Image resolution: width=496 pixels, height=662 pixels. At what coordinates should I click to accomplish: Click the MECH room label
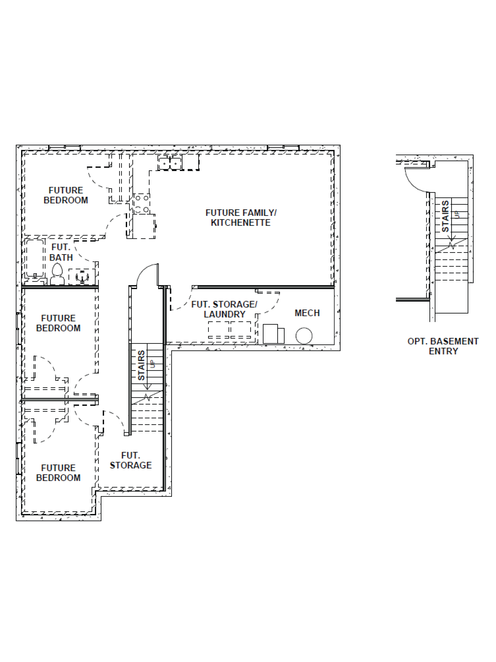pos(307,313)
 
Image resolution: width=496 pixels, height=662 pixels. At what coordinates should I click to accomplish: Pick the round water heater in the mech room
pos(304,336)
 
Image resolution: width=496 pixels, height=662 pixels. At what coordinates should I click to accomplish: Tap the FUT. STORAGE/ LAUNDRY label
pos(224,309)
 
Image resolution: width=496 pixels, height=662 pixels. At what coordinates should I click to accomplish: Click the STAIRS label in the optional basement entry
pos(445,216)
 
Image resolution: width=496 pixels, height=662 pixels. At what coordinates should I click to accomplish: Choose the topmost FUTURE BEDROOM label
pos(66,195)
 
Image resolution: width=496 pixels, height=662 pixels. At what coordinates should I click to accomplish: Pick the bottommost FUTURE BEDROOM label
pos(58,473)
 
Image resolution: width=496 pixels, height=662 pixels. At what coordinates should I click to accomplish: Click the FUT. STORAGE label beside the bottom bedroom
pos(131,460)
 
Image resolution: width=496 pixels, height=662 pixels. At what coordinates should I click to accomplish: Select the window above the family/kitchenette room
pos(283,147)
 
